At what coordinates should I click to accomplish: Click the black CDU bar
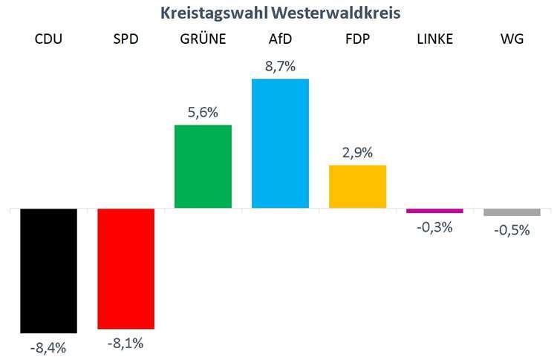pyautogui.click(x=48, y=271)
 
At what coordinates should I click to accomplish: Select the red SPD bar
pyautogui.click(x=126, y=268)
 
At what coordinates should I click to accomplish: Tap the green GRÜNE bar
pyautogui.click(x=203, y=166)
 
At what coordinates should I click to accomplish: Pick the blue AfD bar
pyautogui.click(x=280, y=143)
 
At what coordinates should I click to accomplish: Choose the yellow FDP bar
pyautogui.click(x=357, y=186)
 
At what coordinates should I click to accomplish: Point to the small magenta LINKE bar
pyautogui.click(x=434, y=211)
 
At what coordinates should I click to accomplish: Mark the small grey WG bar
pyautogui.click(x=512, y=212)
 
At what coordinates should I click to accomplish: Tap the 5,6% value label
pyautogui.click(x=203, y=112)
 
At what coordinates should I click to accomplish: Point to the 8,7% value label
pyautogui.click(x=280, y=66)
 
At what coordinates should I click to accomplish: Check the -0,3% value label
pyautogui.click(x=434, y=227)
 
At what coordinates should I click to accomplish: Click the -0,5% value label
pyautogui.click(x=512, y=230)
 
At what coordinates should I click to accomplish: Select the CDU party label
pyautogui.click(x=48, y=39)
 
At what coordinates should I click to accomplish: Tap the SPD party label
pyautogui.click(x=126, y=39)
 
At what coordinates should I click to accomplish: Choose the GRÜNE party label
pyautogui.click(x=203, y=39)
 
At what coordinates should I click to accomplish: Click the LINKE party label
pyautogui.click(x=434, y=39)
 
